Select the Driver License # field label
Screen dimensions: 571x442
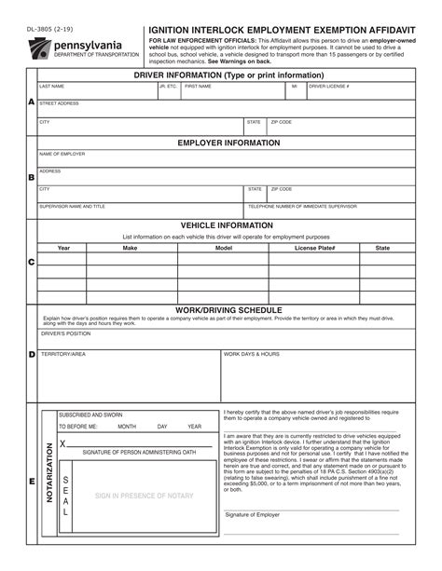click(x=329, y=86)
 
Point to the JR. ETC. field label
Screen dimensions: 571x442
click(x=168, y=86)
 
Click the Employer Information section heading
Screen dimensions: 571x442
click(x=228, y=143)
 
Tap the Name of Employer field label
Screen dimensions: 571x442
click(x=62, y=154)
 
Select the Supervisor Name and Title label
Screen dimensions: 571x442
click(x=72, y=206)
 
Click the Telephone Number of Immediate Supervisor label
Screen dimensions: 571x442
click(x=302, y=206)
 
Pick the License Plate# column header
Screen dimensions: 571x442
click(x=314, y=248)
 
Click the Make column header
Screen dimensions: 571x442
click(x=131, y=248)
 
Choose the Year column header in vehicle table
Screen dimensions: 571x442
click(x=63, y=248)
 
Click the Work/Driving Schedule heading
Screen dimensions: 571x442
click(x=228, y=309)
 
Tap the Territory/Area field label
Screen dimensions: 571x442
click(x=63, y=354)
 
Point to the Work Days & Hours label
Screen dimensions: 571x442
click(x=252, y=354)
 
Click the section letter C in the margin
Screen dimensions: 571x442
click(x=31, y=262)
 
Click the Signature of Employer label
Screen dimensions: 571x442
click(x=252, y=514)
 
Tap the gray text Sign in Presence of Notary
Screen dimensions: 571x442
click(x=144, y=496)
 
